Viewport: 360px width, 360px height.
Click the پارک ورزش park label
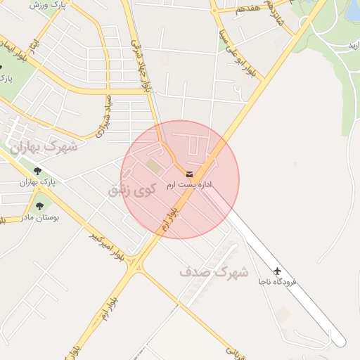pos(47,5)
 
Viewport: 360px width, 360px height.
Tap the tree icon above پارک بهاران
pos(37,171)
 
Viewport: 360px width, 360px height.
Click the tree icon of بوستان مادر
pos(39,206)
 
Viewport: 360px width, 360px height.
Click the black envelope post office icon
pos(189,173)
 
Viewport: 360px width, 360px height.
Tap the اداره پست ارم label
pos(189,184)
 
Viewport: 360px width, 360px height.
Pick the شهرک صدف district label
pos(213,271)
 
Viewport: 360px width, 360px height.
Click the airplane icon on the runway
pos(278,271)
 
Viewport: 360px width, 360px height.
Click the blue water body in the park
pos(352,8)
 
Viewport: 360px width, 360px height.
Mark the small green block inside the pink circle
pos(153,165)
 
